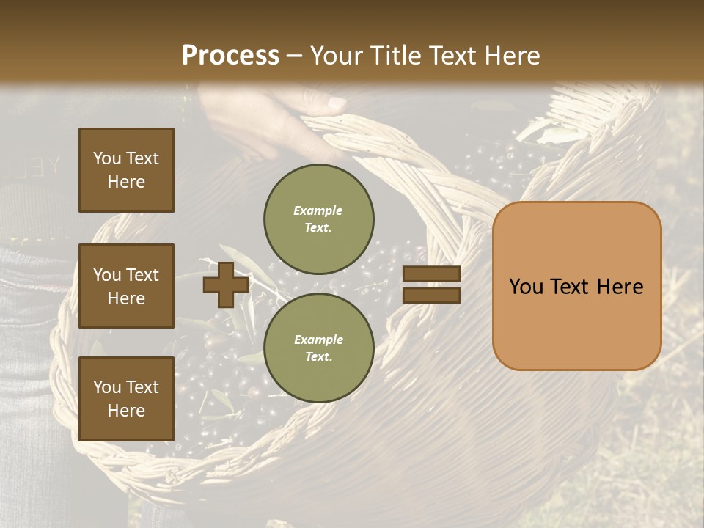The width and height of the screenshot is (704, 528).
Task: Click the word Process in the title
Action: [x=230, y=55]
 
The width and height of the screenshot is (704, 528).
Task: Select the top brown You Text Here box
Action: [x=126, y=170]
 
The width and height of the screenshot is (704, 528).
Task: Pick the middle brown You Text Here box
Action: [x=126, y=286]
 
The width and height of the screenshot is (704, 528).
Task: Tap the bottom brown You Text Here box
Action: [x=126, y=399]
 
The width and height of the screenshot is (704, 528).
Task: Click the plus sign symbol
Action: [x=226, y=285]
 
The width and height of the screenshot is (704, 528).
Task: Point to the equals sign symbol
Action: [x=431, y=285]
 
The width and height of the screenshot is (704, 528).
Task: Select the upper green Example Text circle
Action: [x=319, y=219]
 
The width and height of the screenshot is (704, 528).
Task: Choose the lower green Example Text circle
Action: [x=319, y=348]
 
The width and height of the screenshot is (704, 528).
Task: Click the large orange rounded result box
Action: [x=577, y=286]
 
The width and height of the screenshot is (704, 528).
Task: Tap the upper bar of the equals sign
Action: [x=431, y=274]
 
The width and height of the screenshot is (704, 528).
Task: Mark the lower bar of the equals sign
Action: [x=431, y=295]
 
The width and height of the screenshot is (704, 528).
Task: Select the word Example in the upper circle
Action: [x=318, y=210]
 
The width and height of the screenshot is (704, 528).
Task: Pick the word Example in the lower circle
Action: [x=318, y=340]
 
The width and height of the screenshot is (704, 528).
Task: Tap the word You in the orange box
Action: [x=527, y=286]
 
